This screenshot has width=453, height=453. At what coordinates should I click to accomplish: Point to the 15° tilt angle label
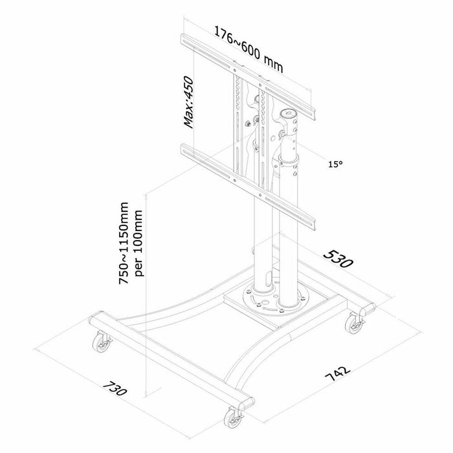pyautogui.click(x=335, y=165)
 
